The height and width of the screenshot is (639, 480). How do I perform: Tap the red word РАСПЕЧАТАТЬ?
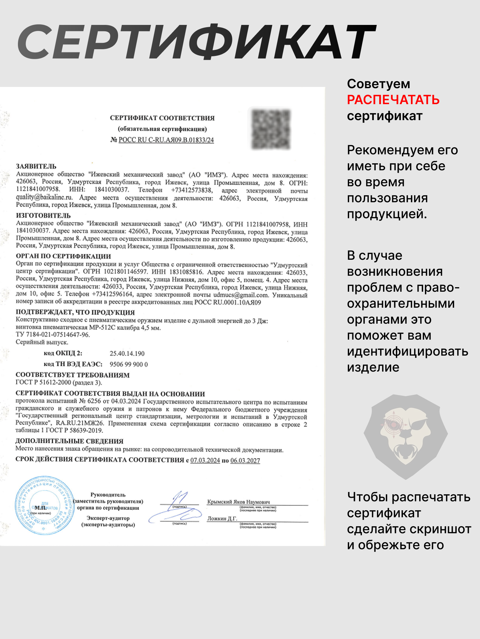(x=393, y=100)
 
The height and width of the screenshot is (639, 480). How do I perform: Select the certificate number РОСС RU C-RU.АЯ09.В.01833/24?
(x=166, y=140)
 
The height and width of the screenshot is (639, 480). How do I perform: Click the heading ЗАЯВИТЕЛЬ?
(x=36, y=166)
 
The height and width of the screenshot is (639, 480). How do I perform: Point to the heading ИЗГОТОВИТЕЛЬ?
(x=43, y=215)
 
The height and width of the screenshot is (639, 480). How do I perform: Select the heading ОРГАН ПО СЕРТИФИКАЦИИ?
(x=63, y=256)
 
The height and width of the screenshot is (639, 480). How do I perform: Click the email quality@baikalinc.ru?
(x=44, y=197)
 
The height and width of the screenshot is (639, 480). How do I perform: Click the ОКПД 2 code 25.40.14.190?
(x=127, y=353)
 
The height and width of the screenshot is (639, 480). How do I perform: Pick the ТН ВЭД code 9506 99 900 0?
(x=129, y=364)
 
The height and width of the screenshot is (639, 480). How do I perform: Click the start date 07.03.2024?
(x=205, y=460)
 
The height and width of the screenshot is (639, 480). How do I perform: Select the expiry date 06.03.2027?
(x=245, y=460)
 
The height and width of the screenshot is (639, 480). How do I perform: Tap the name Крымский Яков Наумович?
(x=238, y=502)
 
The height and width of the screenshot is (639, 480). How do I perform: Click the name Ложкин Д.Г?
(x=222, y=519)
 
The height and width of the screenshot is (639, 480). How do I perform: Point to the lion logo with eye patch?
(x=405, y=436)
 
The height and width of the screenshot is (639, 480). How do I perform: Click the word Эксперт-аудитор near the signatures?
(x=108, y=518)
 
